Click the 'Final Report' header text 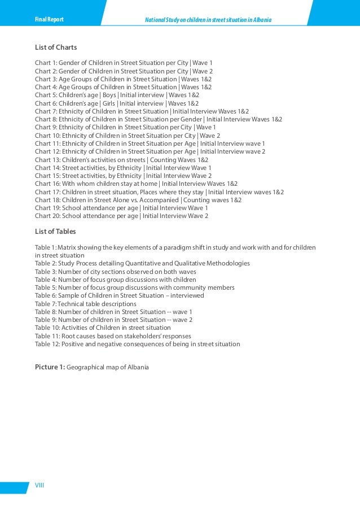(x=49, y=20)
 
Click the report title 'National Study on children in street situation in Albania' (x=208, y=20)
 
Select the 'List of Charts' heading (x=56, y=47)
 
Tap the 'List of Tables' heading (x=55, y=232)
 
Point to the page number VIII (x=39, y=485)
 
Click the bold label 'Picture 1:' (x=50, y=367)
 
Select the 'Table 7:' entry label (x=46, y=304)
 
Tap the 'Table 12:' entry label (x=47, y=344)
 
